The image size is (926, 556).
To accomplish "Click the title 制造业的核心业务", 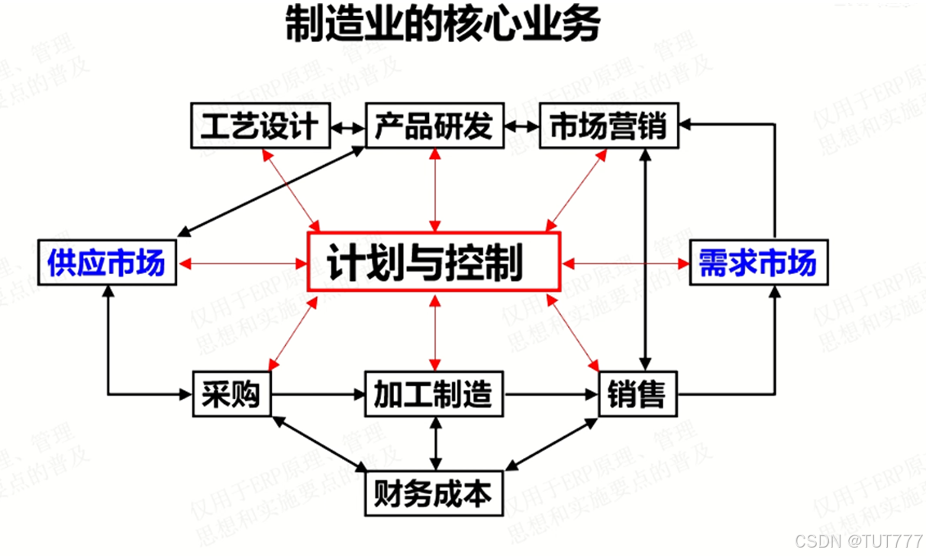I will coord(442,25).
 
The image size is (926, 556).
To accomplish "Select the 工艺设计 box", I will coord(260,126).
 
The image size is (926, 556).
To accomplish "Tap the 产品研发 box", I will coord(434,126).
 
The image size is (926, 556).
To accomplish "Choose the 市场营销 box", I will coord(608,126).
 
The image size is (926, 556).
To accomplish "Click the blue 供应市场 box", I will coord(106,263).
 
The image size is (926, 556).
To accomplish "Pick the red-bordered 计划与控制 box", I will coord(434,263).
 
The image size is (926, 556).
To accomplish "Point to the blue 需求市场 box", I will coord(757,263).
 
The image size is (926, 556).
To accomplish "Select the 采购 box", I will coord(231,394).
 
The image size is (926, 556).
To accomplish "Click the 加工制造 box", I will coord(434,394).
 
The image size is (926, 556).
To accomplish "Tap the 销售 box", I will coord(637,394).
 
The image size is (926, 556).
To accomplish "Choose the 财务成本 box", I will coord(434,494).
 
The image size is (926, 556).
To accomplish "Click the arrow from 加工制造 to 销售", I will coord(550,394).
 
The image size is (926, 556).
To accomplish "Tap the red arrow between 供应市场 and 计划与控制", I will coord(242,263).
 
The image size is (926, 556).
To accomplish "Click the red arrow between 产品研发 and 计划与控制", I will coord(434,190).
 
